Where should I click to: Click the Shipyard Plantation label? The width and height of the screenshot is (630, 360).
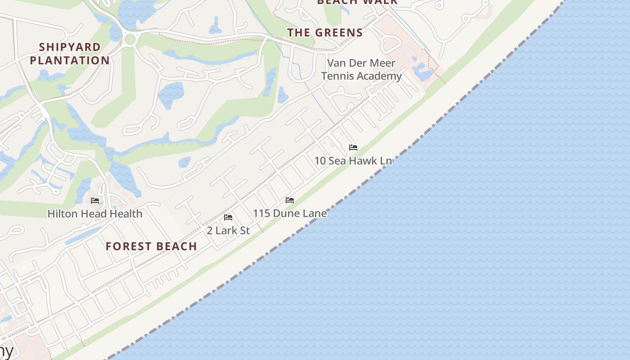point(70,54)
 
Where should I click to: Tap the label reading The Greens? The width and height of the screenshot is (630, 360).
point(325,32)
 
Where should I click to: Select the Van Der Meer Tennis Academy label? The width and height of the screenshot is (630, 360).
point(361,69)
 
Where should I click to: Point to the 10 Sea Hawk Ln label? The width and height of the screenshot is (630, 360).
point(353,161)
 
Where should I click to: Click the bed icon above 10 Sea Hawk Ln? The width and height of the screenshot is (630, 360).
point(353,148)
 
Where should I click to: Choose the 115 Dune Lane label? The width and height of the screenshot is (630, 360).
point(290,213)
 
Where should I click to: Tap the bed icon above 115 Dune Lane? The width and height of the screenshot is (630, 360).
point(290,200)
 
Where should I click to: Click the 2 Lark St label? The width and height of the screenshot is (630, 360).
point(228,230)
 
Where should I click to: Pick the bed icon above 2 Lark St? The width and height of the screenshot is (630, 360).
point(228,217)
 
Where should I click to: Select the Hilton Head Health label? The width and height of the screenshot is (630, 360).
point(95,214)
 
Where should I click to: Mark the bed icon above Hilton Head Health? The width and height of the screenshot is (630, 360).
point(95,201)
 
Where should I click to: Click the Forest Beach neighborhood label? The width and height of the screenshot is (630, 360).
point(151,246)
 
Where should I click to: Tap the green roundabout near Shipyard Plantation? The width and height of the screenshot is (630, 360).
point(130,39)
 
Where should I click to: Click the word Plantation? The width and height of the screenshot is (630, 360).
point(70,60)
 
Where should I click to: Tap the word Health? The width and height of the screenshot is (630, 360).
point(124,214)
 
